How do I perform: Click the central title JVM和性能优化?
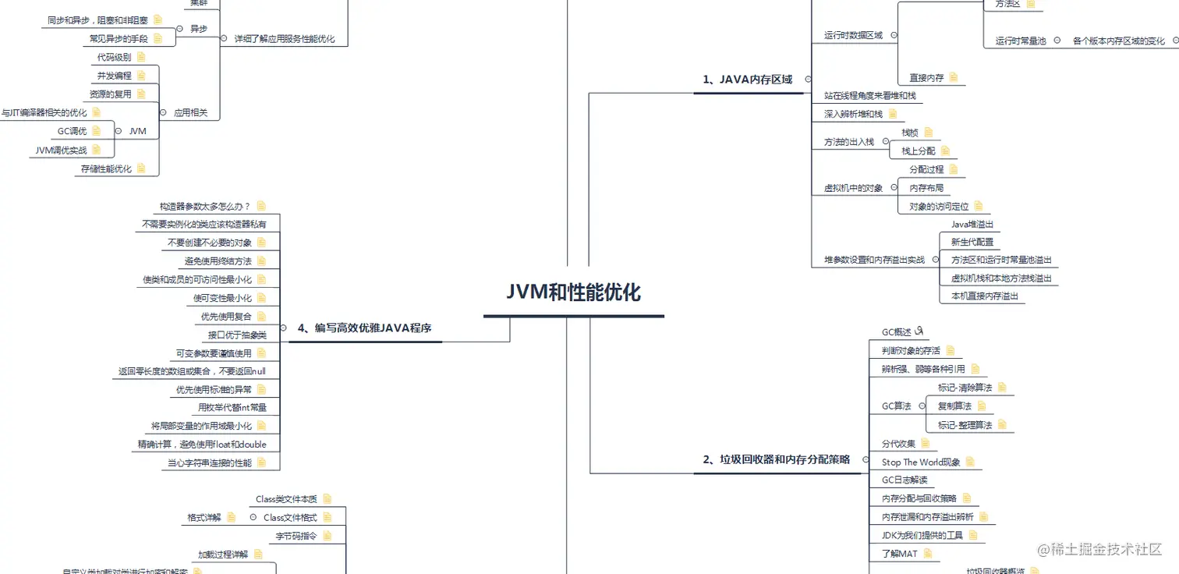tap(573, 292)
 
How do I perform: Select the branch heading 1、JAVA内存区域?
tap(747, 79)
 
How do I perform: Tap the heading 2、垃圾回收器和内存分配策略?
tap(776, 459)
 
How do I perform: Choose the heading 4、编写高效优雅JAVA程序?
tap(364, 328)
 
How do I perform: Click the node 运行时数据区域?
tap(853, 35)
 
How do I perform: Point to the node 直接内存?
tap(926, 78)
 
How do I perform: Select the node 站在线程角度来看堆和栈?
tap(870, 95)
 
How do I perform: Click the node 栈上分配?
tap(918, 151)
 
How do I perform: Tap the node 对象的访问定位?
tap(939, 207)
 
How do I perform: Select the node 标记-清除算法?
tap(965, 388)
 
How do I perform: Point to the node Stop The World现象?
tap(921, 462)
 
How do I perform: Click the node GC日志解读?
tap(905, 480)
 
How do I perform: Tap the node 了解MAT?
tap(899, 554)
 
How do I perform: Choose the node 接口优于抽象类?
tap(237, 335)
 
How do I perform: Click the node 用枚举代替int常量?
tap(232, 407)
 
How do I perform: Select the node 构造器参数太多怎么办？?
tap(205, 207)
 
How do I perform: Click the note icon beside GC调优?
tap(97, 131)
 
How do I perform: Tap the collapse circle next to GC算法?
tap(921, 406)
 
